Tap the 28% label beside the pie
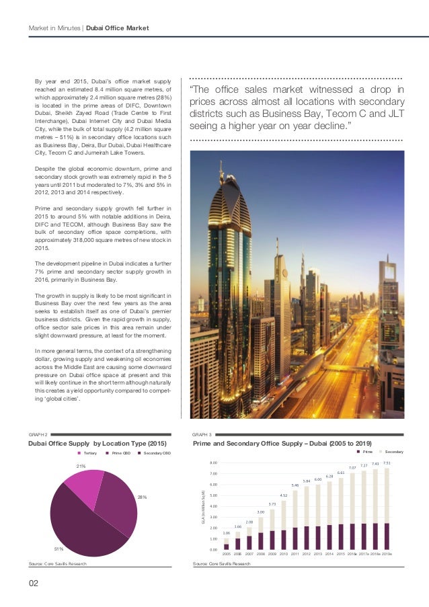[142, 497]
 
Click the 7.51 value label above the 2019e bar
[387, 463]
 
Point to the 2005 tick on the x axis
[226, 554]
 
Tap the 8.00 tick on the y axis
[212, 463]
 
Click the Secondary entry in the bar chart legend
[392, 452]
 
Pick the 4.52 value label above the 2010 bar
[283, 495]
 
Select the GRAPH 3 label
[202, 435]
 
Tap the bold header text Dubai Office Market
[118, 28]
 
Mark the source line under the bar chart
[221, 564]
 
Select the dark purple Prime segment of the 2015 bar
[341, 536]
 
